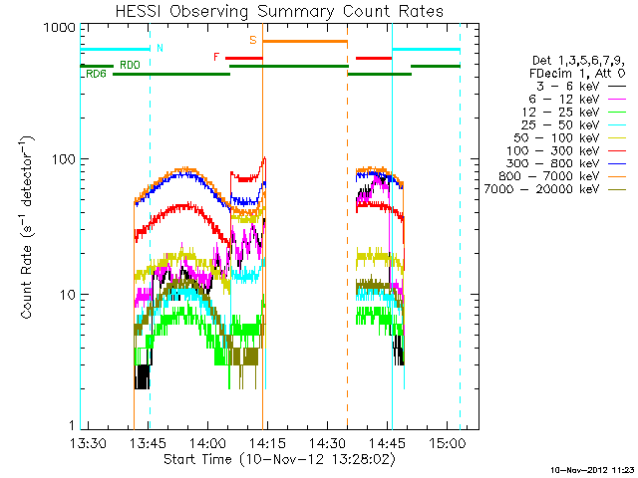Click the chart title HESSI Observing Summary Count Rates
(x=280, y=12)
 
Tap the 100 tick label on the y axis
(x=64, y=159)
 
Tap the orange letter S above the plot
(x=253, y=40)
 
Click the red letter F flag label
(x=216, y=57)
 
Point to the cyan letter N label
(x=160, y=47)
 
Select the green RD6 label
(x=97, y=74)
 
